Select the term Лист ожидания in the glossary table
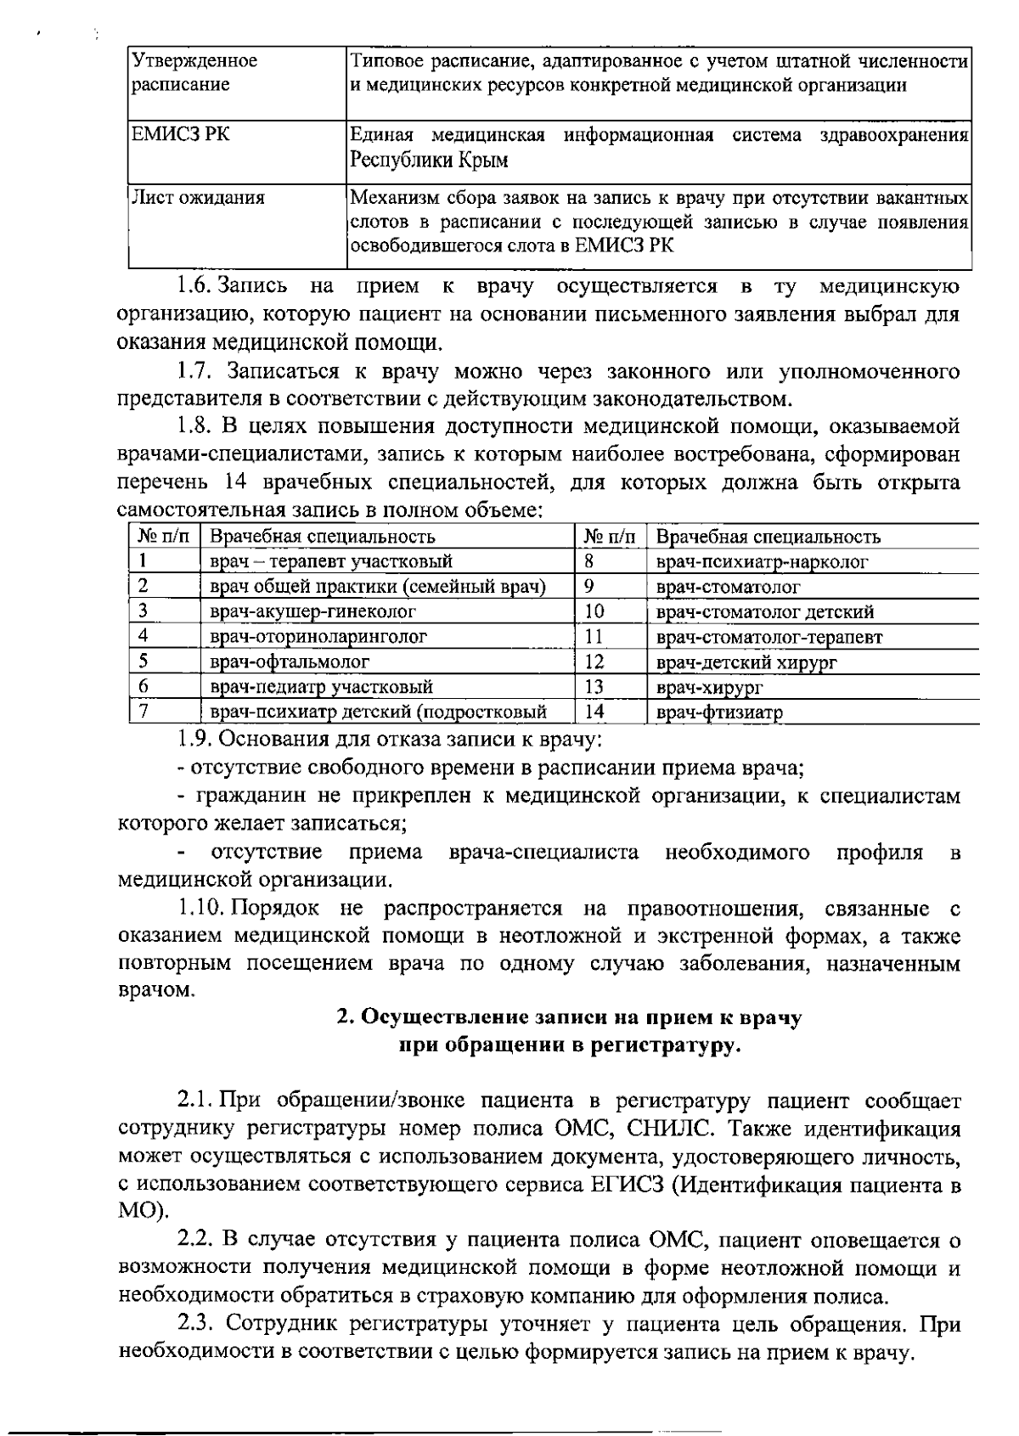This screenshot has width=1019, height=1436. click(198, 198)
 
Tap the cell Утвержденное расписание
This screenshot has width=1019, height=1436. click(194, 72)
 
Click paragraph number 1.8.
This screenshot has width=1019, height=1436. click(195, 425)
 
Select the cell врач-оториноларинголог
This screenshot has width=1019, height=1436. click(318, 636)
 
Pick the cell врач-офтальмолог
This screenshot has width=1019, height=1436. click(289, 661)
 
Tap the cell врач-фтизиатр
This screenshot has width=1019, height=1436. click(719, 712)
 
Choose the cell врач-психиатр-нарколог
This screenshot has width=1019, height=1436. click(762, 561)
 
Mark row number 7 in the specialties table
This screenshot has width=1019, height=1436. click(144, 711)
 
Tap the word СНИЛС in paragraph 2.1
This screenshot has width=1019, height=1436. click(666, 1129)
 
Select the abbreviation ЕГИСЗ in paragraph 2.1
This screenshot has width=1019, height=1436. click(626, 1185)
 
